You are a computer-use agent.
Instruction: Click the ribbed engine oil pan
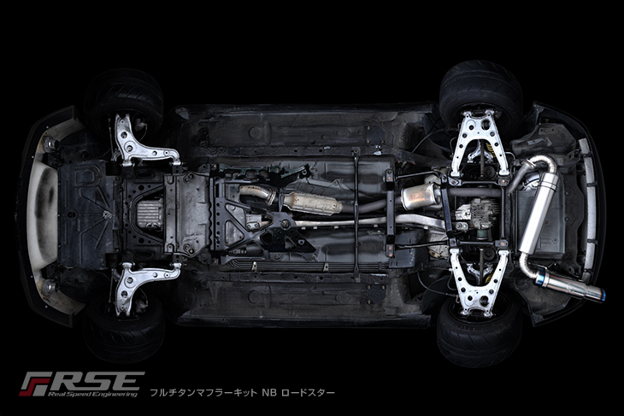click(x=150, y=213)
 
